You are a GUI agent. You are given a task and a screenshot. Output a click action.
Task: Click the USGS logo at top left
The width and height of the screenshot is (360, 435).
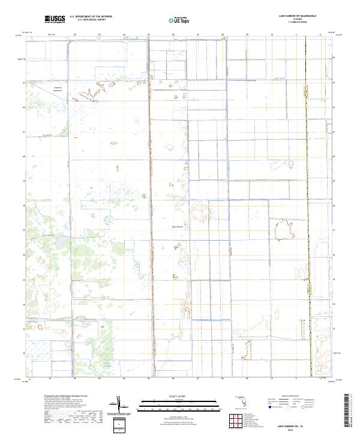[55, 20]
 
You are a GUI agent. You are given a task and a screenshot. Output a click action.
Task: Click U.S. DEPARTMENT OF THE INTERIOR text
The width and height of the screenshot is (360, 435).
[91, 16]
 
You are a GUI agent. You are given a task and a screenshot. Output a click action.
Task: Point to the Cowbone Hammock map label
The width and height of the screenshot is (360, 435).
[58, 89]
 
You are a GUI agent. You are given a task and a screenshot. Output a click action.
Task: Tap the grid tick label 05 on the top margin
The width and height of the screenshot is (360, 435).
[149, 35]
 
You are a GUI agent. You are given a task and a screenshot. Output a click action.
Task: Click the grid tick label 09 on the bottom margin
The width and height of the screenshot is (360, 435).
[247, 379]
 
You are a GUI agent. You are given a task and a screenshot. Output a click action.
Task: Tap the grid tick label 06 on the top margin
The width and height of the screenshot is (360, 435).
[173, 35]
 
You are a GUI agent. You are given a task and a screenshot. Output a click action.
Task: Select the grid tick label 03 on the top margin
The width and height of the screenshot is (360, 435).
[99, 35]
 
